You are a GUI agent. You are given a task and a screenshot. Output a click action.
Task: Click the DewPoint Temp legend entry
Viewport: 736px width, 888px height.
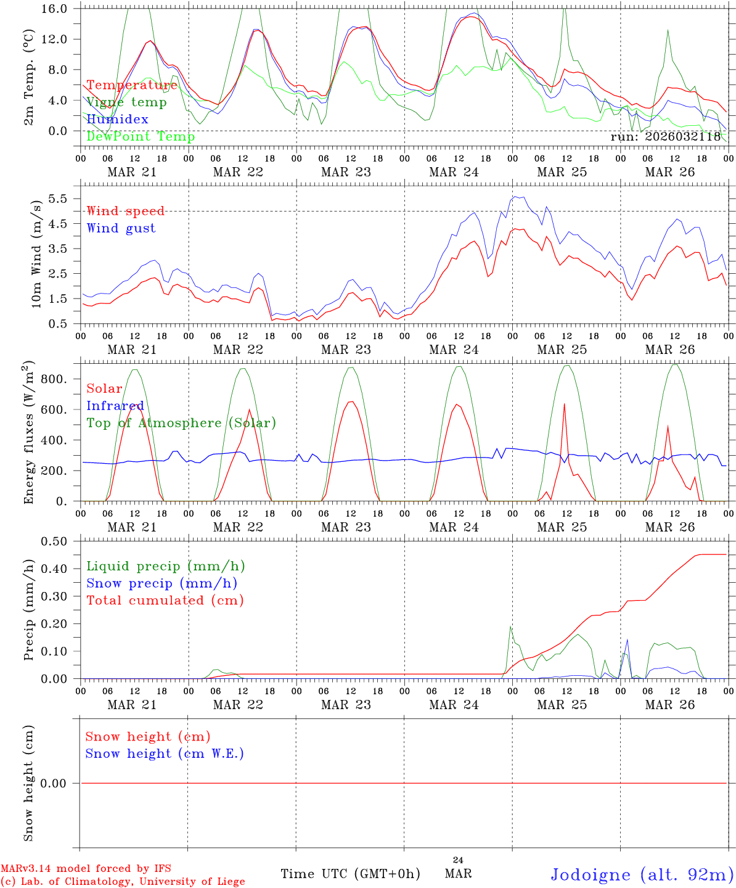point(141,137)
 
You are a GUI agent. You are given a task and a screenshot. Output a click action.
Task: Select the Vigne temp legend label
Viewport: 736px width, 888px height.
point(126,102)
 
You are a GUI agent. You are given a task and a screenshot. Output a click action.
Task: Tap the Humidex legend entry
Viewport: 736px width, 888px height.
point(117,120)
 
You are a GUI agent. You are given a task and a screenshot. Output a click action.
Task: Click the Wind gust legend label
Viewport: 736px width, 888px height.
point(121,228)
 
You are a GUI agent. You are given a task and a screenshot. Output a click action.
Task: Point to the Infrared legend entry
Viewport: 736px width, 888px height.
point(115,406)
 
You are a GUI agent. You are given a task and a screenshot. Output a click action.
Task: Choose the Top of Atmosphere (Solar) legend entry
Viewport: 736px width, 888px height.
point(181,423)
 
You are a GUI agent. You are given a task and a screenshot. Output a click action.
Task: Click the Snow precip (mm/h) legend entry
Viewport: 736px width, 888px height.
point(162,583)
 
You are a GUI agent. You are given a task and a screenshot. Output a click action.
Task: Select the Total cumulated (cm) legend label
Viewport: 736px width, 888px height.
point(165,601)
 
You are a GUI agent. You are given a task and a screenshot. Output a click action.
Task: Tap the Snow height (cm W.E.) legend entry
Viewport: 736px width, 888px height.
point(165,754)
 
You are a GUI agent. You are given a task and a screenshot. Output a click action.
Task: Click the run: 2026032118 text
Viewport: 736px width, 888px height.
point(665,137)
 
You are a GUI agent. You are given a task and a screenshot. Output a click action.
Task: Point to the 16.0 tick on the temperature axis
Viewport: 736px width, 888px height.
point(55,9)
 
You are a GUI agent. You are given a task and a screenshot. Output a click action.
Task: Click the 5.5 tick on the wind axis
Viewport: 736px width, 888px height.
point(59,199)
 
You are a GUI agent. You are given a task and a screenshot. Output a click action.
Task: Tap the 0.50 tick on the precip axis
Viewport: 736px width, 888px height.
point(55,541)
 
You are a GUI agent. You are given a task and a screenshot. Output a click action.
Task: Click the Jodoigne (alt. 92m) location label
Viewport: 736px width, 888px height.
point(642,874)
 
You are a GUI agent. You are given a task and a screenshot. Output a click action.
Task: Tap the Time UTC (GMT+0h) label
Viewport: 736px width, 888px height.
point(350,874)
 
